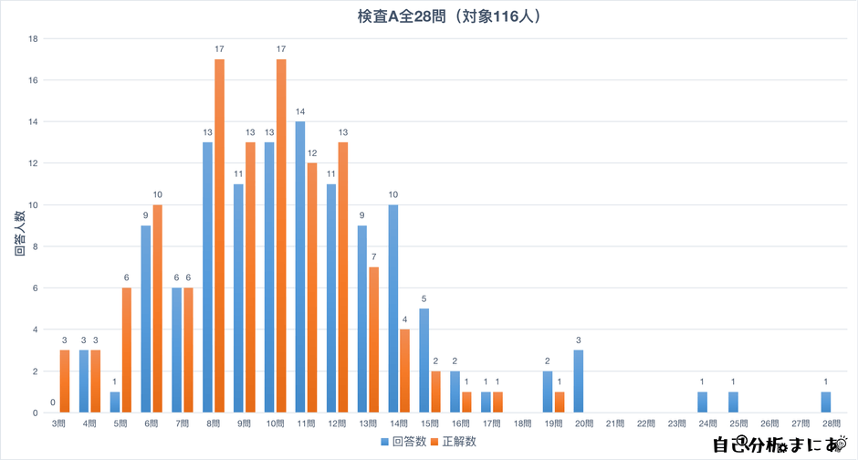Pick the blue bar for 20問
click(x=579, y=382)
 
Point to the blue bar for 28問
click(x=826, y=402)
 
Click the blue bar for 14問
click(x=393, y=308)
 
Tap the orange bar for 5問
click(x=127, y=350)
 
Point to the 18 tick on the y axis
click(x=33, y=38)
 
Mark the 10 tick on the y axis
click(x=33, y=205)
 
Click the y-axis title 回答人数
click(x=19, y=233)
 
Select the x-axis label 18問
click(x=521, y=424)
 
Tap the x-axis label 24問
click(x=706, y=424)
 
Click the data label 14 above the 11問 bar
click(x=300, y=112)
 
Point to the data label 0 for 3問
click(x=53, y=402)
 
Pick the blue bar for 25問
click(x=733, y=402)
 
